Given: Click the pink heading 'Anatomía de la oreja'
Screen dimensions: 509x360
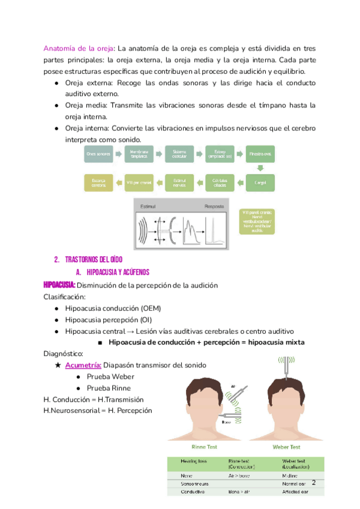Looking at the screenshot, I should tap(78, 48).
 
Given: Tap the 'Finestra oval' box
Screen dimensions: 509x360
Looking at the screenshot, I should tap(260, 154).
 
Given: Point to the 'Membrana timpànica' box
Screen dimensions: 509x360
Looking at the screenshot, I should tap(140, 154).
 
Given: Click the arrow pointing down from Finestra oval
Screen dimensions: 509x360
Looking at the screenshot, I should tap(260, 167).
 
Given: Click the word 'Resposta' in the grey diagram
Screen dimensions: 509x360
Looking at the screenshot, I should tap(214, 206).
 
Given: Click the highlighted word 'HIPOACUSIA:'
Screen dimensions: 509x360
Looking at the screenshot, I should tap(59, 285).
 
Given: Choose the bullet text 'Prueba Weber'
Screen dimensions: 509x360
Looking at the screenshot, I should tap(110, 377).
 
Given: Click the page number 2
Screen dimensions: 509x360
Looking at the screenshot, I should tap(314, 483).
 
